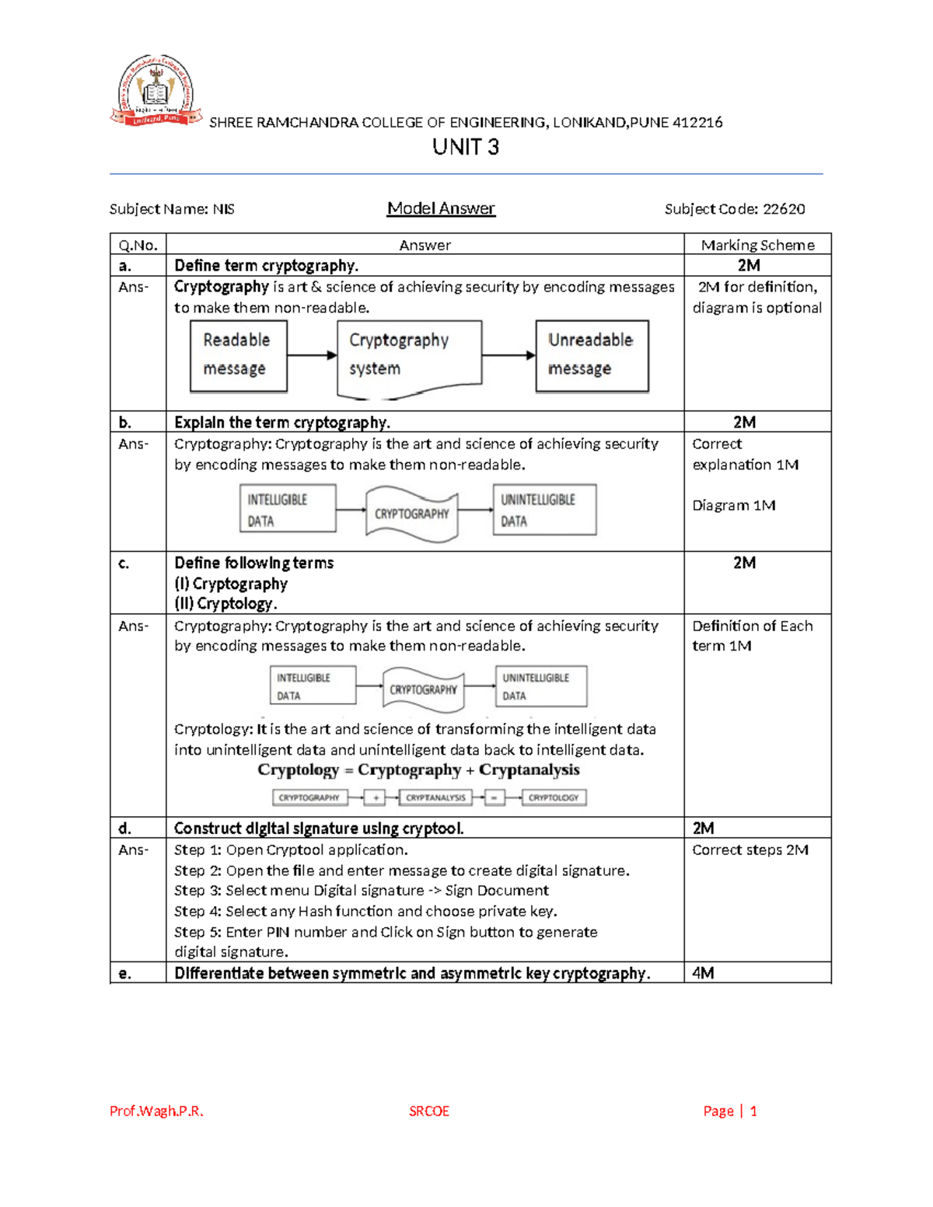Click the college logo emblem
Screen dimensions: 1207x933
[155, 91]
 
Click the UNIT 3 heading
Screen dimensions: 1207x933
[466, 147]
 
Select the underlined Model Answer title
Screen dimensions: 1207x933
[441, 208]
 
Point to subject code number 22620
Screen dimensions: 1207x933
[784, 209]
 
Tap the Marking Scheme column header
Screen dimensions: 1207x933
[757, 245]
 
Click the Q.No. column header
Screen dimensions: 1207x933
[138, 245]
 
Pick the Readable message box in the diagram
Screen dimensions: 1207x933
[238, 355]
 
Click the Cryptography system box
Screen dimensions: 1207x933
[409, 356]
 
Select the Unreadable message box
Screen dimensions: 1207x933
[592, 355]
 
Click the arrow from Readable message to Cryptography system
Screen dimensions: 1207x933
[312, 355]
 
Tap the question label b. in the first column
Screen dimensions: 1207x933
[124, 422]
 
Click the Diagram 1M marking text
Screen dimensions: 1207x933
[733, 505]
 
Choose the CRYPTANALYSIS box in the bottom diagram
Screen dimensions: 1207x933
[435, 797]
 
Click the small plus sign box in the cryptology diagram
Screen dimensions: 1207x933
[376, 797]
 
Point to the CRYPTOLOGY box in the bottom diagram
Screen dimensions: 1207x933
[554, 797]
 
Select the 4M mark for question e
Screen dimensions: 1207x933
[703, 973]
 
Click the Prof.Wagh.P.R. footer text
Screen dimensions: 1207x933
[156, 1111]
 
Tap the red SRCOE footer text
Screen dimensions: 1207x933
[429, 1111]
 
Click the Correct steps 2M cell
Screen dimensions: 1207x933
[750, 850]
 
